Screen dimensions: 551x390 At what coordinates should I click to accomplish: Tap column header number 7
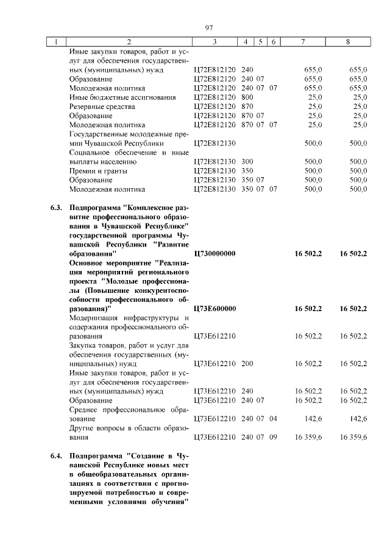302,42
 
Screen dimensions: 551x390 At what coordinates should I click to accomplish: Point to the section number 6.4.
56,455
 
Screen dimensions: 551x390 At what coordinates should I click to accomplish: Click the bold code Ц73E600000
214,309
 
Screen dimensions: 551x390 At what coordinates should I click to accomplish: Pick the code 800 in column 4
247,97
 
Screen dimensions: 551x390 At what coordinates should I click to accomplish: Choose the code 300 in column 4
247,162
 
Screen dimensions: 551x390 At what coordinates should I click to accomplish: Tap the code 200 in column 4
247,363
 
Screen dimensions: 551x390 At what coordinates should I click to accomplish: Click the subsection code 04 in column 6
273,419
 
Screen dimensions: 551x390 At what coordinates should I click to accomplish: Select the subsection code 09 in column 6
273,437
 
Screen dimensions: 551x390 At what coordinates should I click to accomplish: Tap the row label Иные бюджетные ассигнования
122,97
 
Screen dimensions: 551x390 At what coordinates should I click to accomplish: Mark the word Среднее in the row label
84,410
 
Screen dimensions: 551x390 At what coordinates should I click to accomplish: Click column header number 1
56,42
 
